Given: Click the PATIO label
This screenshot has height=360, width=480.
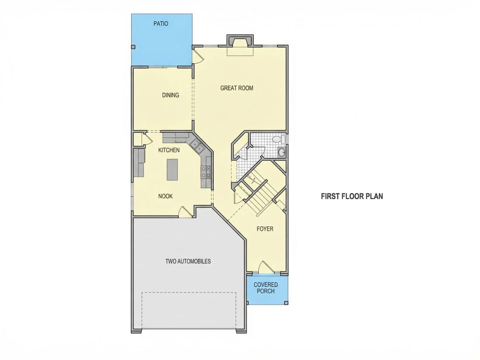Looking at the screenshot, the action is pyautogui.click(x=161, y=24).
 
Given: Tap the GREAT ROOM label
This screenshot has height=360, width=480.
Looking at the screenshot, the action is pyautogui.click(x=237, y=88).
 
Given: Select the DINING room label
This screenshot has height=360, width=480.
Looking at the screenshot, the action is pyautogui.click(x=171, y=95).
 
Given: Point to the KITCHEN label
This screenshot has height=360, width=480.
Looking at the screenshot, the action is pyautogui.click(x=169, y=150).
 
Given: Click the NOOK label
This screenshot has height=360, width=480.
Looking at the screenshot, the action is pyautogui.click(x=165, y=196).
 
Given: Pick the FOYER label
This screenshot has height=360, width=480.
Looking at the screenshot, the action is pyautogui.click(x=265, y=229).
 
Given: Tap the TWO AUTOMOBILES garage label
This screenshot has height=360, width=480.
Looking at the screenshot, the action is pyautogui.click(x=188, y=261).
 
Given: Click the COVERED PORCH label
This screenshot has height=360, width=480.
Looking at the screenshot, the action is pyautogui.click(x=266, y=288).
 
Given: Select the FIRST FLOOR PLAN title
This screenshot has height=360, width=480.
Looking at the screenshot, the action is pyautogui.click(x=352, y=196).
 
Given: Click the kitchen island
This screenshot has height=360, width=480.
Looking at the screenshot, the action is pyautogui.click(x=172, y=170).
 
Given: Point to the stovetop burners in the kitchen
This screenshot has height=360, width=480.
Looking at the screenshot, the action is pyautogui.click(x=206, y=172).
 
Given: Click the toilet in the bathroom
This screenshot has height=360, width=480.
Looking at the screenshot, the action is pyautogui.click(x=278, y=139).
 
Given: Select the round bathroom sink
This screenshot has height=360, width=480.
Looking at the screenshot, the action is pyautogui.click(x=281, y=152).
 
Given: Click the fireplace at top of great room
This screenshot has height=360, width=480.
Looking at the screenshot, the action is pyautogui.click(x=240, y=45).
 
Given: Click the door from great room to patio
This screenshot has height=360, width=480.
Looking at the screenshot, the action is pyautogui.click(x=198, y=56).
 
